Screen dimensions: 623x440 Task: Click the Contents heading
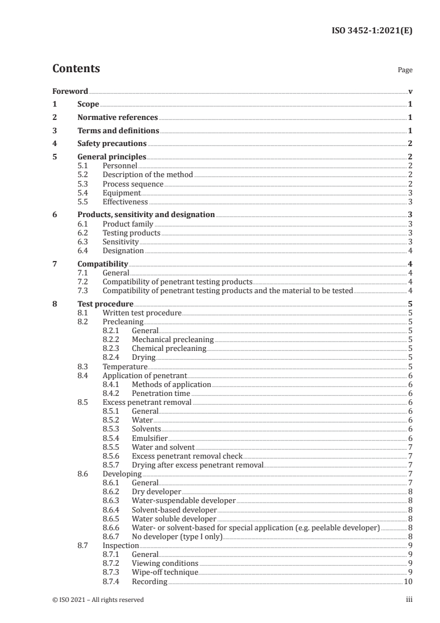pyautogui.click(x=76, y=69)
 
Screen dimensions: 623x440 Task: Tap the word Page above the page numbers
pyautogui.click(x=405, y=71)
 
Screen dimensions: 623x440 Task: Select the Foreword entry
pyautogui.click(x=70, y=91)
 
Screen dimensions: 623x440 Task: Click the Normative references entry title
pyautogui.click(x=118, y=118)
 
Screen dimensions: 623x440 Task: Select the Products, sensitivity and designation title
pyautogui.click(x=146, y=214)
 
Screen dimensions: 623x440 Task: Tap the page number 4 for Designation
pyautogui.click(x=409, y=250)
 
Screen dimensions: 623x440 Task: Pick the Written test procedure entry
pyautogui.click(x=142, y=313)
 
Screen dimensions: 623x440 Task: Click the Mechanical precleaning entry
pyautogui.click(x=172, y=340)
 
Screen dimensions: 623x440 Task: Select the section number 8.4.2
pyautogui.click(x=113, y=393)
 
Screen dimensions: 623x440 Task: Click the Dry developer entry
pyautogui.click(x=156, y=491)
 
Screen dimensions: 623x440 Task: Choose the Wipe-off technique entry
pyautogui.click(x=164, y=572)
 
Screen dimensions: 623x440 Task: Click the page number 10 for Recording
pyautogui.click(x=408, y=581)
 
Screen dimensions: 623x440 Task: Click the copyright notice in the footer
pyautogui.click(x=98, y=600)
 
